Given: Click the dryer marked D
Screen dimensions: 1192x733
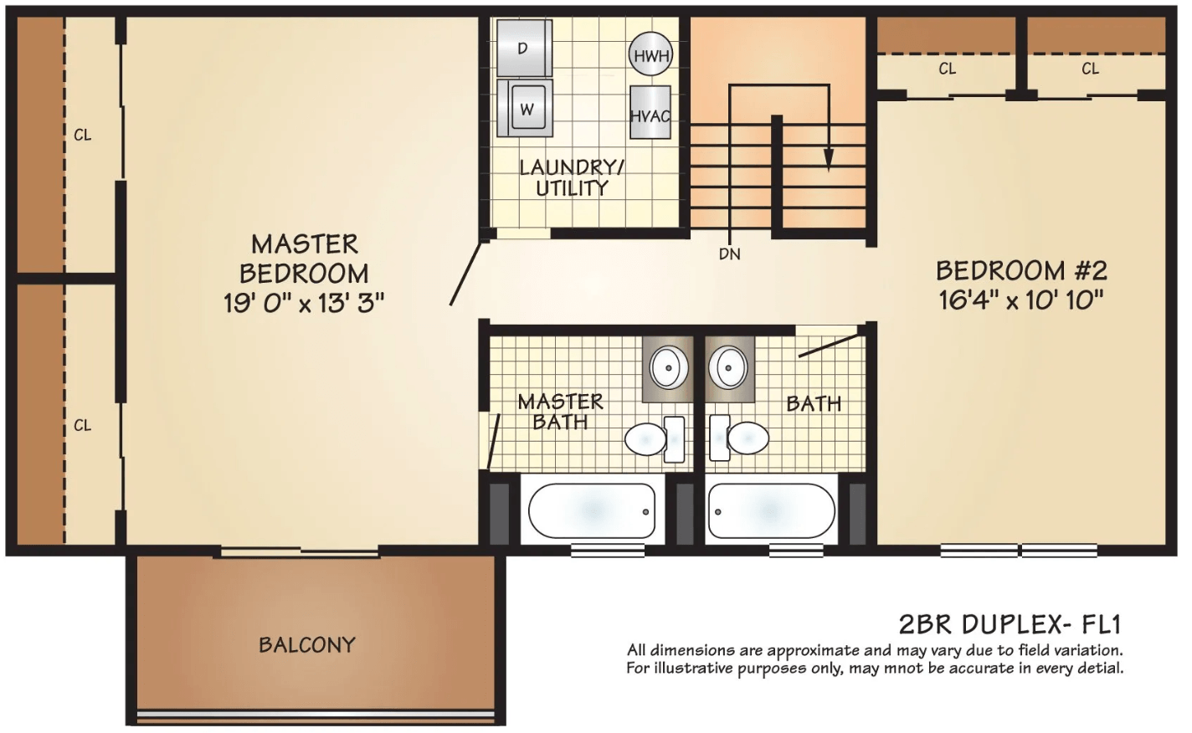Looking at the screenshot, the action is pyautogui.click(x=524, y=49).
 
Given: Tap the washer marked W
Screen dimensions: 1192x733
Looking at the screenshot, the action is pyautogui.click(x=525, y=109).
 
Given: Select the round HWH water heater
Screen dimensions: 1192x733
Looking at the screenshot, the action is pyautogui.click(x=650, y=54).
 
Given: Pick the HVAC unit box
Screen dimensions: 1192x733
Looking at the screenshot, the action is pyautogui.click(x=650, y=113).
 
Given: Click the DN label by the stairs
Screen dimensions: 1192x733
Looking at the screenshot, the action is pyautogui.click(x=730, y=254).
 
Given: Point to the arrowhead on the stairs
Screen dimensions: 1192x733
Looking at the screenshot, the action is pyautogui.click(x=829, y=160).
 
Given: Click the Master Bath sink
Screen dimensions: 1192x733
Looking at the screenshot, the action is pyautogui.click(x=669, y=367).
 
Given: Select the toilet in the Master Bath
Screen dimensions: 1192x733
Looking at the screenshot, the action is pyautogui.click(x=655, y=438).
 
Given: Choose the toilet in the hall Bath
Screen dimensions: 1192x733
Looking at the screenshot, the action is pyautogui.click(x=739, y=438).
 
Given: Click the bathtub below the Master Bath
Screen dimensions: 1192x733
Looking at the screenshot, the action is pyautogui.click(x=592, y=510).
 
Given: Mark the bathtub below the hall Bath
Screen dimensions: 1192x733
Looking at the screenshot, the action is pyautogui.click(x=772, y=510).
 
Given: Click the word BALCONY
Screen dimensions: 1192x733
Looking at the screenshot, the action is pyautogui.click(x=307, y=644).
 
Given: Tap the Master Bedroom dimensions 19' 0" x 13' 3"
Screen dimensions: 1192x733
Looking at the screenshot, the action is pyautogui.click(x=303, y=303).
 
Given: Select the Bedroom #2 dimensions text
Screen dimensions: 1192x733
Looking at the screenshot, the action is pyautogui.click(x=1020, y=300).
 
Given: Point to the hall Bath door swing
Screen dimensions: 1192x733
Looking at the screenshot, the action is pyautogui.click(x=829, y=346).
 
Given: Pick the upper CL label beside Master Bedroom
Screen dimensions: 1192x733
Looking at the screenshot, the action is pyautogui.click(x=83, y=135).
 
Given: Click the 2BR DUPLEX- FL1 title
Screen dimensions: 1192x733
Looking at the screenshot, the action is pyautogui.click(x=1010, y=624).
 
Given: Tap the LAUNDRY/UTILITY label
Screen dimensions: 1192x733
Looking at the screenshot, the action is pyautogui.click(x=572, y=177).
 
